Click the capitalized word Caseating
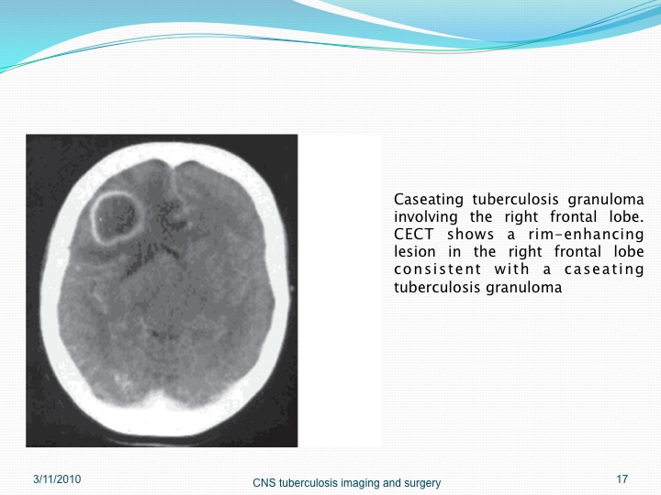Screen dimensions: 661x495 429,200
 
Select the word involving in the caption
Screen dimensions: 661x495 425,217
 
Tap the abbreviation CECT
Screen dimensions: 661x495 413,234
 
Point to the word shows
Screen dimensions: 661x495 470,234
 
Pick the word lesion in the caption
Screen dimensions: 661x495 415,252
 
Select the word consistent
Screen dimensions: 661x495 438,269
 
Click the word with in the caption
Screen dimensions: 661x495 511,269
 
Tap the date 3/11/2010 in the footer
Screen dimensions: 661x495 57,479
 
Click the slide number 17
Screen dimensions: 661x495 622,479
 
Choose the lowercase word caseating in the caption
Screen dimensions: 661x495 604,269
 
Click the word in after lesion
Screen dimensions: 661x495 454,252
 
